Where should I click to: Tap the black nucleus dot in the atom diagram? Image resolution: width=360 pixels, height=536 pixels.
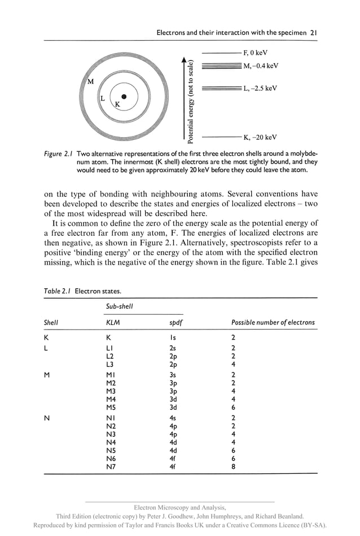pos(124,96)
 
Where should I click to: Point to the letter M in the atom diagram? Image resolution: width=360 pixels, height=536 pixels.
pos(90,82)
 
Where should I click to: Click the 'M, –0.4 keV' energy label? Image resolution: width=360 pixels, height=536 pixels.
pos(261,66)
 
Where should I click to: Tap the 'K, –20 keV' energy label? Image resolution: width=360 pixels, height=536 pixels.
pos(260,137)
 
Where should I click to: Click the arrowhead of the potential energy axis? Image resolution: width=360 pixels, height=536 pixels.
pos(183,59)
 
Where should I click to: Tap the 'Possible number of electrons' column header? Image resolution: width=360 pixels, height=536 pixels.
pos(273,323)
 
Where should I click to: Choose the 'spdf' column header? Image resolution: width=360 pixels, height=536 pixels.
pos(169,323)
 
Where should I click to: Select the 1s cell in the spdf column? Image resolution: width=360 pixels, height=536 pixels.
pos(165,337)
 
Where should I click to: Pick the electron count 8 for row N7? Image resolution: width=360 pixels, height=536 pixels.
pos(233,467)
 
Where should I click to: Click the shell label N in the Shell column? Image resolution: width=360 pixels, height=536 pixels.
pos(47,419)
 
